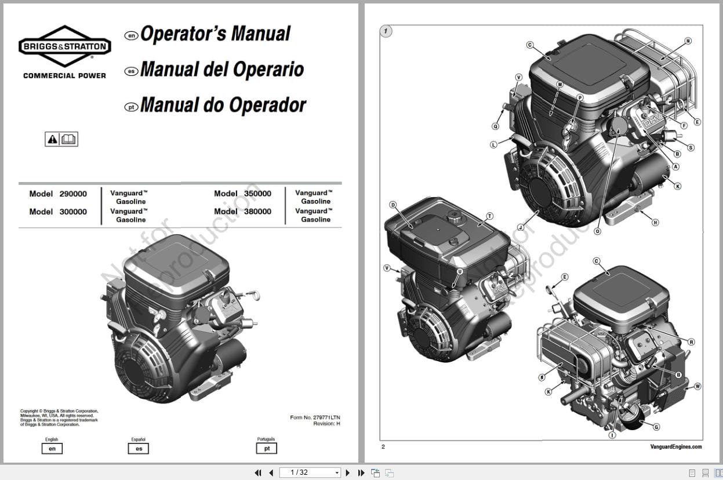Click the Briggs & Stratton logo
coord(64,46)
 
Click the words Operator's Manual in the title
coord(215,34)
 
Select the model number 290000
coord(73,194)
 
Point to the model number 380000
coord(258,212)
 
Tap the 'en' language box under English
coord(52,449)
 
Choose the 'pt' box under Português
coord(267,448)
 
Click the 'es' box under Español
coord(139,449)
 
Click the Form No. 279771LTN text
coord(315,417)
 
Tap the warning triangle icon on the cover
coord(53,139)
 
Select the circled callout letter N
coord(688,41)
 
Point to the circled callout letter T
coord(489,216)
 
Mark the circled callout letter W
coord(697,386)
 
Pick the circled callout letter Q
coord(495,126)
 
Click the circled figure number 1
coord(386,31)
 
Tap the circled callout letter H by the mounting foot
coord(655,222)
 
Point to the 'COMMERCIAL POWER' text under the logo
coord(64,75)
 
